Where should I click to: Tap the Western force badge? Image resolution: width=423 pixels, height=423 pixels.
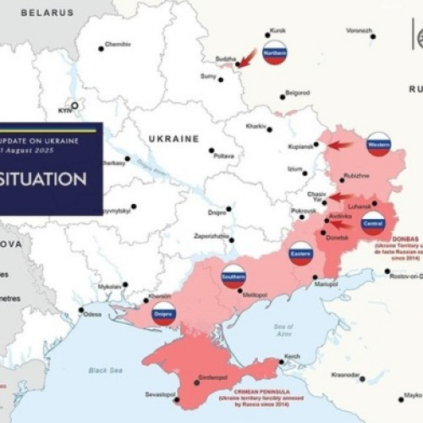378,144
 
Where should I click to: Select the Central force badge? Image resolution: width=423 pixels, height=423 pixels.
372,222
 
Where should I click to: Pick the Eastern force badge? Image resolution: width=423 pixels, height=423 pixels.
300,252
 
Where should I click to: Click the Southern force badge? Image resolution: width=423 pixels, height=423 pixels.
233,276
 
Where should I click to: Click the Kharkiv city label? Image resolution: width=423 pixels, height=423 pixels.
255,126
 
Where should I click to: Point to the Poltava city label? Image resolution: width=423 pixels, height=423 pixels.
223,156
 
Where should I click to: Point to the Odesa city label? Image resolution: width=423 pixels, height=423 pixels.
93,315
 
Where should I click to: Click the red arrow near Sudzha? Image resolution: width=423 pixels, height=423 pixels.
246,58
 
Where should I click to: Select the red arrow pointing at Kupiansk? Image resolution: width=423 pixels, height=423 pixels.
340,145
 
